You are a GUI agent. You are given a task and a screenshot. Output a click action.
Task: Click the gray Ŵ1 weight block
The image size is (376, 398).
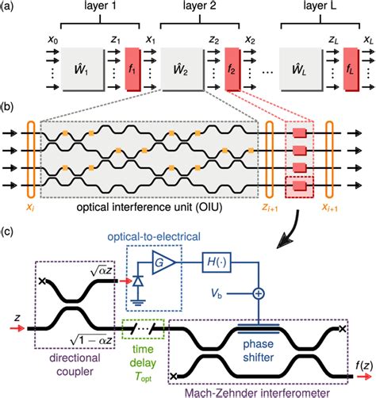pos(82,70)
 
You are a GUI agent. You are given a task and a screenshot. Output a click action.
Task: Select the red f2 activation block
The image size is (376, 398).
pos(232,69)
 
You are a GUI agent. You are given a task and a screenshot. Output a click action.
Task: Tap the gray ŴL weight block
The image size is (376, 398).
pos(301,70)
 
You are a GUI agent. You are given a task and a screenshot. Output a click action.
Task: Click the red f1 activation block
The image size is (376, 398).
pos(132,69)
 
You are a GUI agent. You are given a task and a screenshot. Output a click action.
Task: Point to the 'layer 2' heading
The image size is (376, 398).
pos(200,6)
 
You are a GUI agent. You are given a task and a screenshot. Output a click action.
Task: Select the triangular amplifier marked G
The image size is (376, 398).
pos(163,262)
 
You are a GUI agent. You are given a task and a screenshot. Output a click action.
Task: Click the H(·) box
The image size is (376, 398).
pos(217,262)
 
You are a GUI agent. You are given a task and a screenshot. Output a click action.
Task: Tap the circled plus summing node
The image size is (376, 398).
pos(259,293)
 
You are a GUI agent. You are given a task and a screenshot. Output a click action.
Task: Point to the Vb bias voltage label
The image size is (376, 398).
pos(217,293)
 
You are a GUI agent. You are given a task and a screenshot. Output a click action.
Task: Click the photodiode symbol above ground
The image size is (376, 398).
pos(138,281)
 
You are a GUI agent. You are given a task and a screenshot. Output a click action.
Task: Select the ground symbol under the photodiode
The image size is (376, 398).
pos(138,302)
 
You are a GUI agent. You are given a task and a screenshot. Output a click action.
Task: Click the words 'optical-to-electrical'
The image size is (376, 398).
pos(154,236)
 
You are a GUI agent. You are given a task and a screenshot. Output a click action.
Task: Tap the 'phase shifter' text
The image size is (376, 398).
pos(259,350)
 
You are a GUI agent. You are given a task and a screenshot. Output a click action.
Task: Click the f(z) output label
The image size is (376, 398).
pos(364,365)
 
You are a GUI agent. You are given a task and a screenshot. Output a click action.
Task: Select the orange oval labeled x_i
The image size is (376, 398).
pos(31,159)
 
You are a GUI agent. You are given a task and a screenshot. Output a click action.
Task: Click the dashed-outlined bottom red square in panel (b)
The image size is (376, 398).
pos(299,186)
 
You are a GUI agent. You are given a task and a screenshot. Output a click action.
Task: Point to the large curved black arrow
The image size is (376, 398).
pos(293,232)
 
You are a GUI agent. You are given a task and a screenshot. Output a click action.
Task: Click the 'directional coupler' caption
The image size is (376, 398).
pos(75,365)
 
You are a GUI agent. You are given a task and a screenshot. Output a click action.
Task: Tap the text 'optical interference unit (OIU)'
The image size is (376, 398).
pos(149,208)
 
